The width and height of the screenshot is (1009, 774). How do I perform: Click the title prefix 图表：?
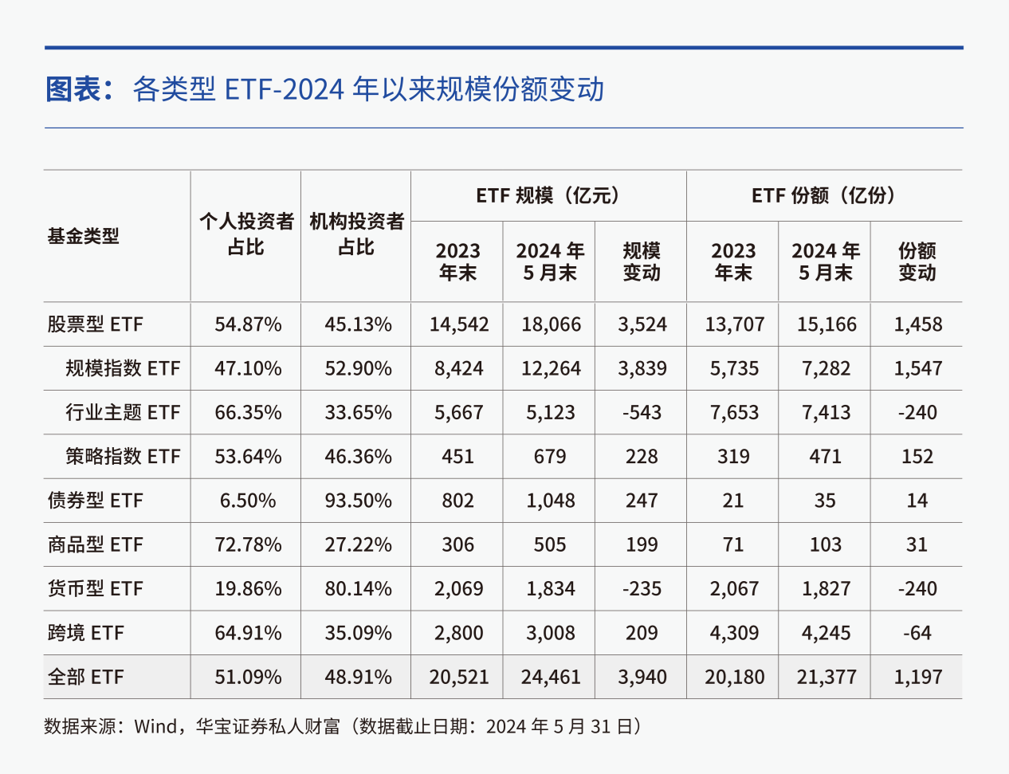(x=84, y=89)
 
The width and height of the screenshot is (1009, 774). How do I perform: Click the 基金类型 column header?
(x=83, y=236)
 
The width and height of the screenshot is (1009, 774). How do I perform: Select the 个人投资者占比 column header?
(x=246, y=234)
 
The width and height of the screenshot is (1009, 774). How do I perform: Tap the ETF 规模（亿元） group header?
(x=548, y=195)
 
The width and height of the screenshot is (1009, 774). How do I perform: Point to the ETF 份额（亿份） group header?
(x=824, y=195)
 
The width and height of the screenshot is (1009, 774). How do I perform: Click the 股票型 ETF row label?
(x=95, y=324)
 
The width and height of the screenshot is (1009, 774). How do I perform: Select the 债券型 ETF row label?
(x=95, y=501)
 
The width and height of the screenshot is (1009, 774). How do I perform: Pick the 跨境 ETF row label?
(x=86, y=633)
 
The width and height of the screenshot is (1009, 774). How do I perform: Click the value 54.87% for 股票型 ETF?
(x=248, y=324)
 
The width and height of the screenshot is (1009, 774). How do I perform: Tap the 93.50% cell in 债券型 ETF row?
(x=358, y=501)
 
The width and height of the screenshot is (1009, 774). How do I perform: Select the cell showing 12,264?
(x=551, y=368)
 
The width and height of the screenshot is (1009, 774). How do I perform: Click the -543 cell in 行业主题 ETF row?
(x=642, y=412)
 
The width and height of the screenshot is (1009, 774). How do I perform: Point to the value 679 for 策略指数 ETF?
(x=550, y=457)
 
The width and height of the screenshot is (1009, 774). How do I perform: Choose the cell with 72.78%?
(x=248, y=544)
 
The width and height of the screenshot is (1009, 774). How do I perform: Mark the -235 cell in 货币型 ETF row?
(x=642, y=588)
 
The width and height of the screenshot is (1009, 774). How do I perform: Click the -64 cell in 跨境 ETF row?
(x=917, y=633)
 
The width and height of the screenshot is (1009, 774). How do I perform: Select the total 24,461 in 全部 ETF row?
(x=551, y=677)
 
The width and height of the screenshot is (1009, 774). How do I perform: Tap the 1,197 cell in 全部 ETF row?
(x=917, y=677)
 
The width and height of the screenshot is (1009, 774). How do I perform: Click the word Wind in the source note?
(x=155, y=726)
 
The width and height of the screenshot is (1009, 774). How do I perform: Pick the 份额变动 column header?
(x=917, y=261)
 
